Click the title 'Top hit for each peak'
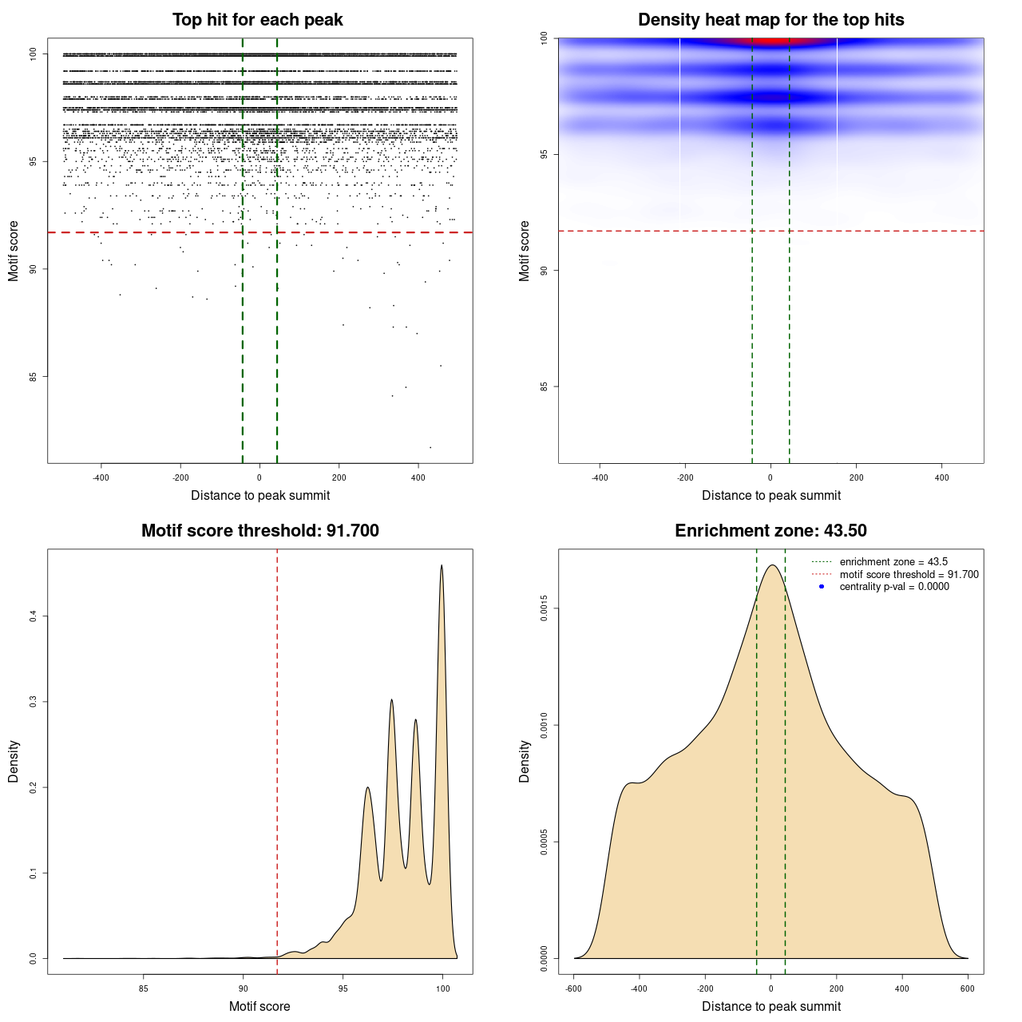257,20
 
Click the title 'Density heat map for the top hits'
770,20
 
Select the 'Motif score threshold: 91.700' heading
259,531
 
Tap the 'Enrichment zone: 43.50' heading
770,531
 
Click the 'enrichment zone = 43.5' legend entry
893,562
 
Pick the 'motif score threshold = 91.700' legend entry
909,574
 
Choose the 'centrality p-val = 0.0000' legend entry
894,587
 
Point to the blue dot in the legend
822,587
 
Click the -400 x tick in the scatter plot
101,478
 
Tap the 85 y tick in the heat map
544,386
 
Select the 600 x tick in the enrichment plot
968,988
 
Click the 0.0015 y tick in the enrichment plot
544,609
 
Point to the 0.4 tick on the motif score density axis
33,616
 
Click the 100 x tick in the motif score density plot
442,988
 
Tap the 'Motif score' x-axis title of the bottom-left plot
259,1006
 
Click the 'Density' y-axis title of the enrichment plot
525,761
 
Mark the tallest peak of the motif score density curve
442,566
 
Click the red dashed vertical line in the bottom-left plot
277,759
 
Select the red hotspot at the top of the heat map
770,42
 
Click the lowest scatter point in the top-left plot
430,447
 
